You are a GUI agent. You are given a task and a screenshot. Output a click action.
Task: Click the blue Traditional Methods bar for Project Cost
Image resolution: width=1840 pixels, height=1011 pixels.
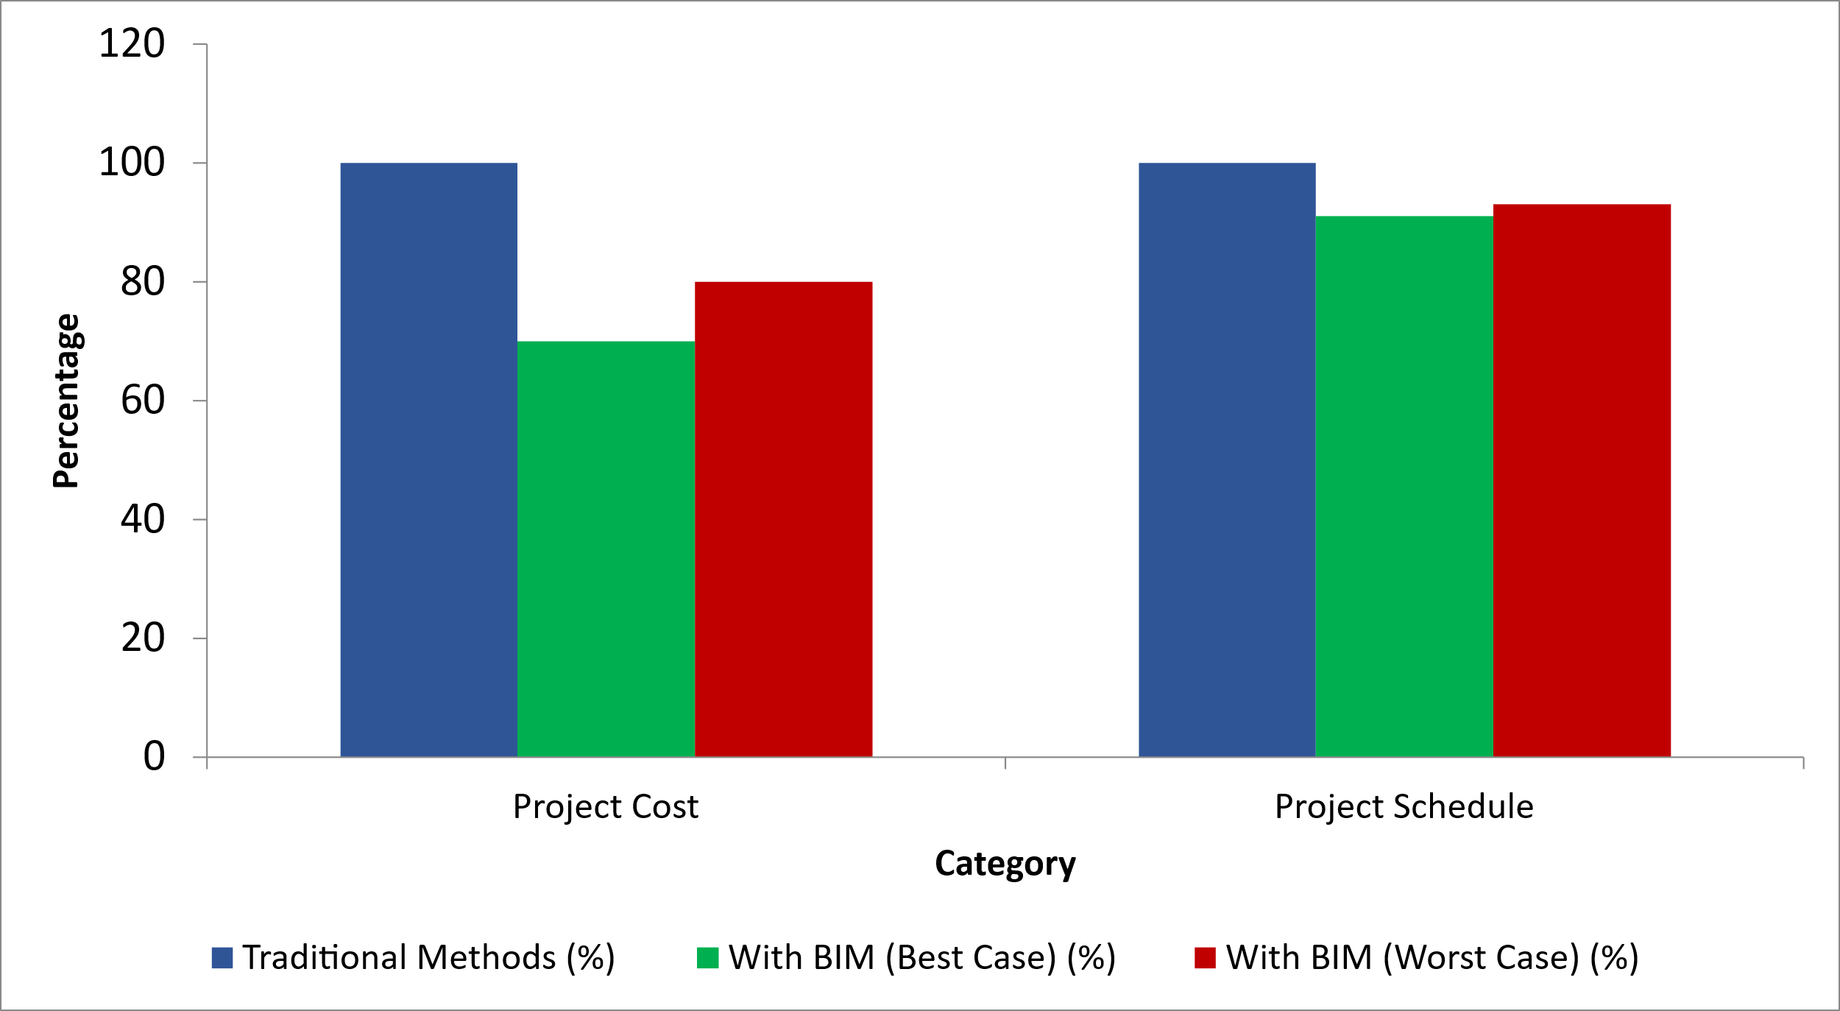(x=428, y=460)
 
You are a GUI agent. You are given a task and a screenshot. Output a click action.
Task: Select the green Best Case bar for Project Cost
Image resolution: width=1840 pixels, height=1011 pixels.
(x=606, y=549)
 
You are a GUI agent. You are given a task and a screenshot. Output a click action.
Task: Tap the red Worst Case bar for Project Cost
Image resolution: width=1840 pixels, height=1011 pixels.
(x=783, y=519)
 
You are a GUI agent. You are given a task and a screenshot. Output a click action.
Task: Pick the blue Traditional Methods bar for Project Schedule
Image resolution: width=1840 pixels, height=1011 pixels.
(x=1227, y=460)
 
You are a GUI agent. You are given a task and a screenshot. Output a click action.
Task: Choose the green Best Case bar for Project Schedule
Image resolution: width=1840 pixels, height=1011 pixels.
(x=1404, y=487)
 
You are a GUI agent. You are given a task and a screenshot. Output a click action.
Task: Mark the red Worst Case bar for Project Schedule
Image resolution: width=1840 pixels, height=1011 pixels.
(x=1582, y=481)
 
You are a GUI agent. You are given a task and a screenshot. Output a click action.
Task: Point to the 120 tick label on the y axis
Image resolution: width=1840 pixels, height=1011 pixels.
(x=132, y=44)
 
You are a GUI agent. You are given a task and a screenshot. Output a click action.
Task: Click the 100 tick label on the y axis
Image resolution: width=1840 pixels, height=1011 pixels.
(x=132, y=163)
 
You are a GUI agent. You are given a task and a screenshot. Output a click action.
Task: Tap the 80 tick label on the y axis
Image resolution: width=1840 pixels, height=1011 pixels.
(x=143, y=282)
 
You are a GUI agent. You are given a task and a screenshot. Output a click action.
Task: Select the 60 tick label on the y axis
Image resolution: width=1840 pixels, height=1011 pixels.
(x=143, y=401)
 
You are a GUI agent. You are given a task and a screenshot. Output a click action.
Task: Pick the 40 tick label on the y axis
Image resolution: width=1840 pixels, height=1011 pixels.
(x=143, y=519)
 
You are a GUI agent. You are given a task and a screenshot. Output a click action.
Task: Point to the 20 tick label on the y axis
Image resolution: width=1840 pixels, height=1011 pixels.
(x=143, y=638)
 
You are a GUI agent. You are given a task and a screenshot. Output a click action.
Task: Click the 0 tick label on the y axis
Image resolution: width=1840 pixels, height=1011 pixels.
(x=154, y=756)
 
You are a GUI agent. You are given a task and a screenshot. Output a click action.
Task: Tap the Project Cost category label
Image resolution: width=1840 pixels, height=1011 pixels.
(x=605, y=807)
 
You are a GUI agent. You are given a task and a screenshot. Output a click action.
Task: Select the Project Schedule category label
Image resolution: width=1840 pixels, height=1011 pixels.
(x=1404, y=807)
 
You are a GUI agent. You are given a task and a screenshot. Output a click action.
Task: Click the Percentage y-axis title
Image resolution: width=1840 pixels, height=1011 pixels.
(x=66, y=401)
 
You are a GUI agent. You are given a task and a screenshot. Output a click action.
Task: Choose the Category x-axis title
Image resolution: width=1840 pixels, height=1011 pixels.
(x=1005, y=864)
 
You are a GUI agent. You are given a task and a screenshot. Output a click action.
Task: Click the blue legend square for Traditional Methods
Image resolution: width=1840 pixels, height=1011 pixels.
(x=222, y=958)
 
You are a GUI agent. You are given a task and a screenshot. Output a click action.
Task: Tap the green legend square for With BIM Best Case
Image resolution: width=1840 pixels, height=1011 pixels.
(x=707, y=958)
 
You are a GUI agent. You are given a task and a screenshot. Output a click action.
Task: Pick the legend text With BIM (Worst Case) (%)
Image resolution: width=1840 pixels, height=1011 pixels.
(x=1432, y=958)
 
